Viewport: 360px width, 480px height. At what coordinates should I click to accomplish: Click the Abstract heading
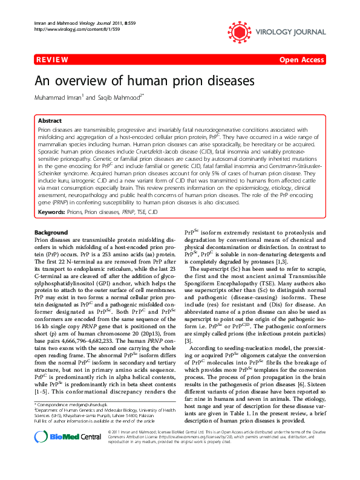50,121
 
